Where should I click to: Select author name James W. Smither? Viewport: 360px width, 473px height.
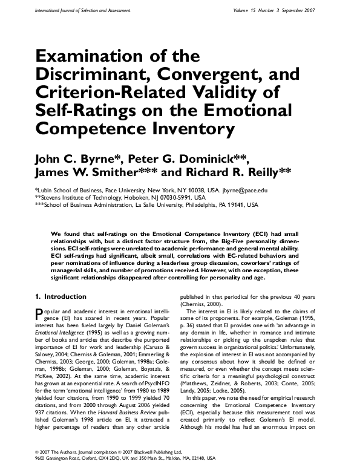tap(92, 174)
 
